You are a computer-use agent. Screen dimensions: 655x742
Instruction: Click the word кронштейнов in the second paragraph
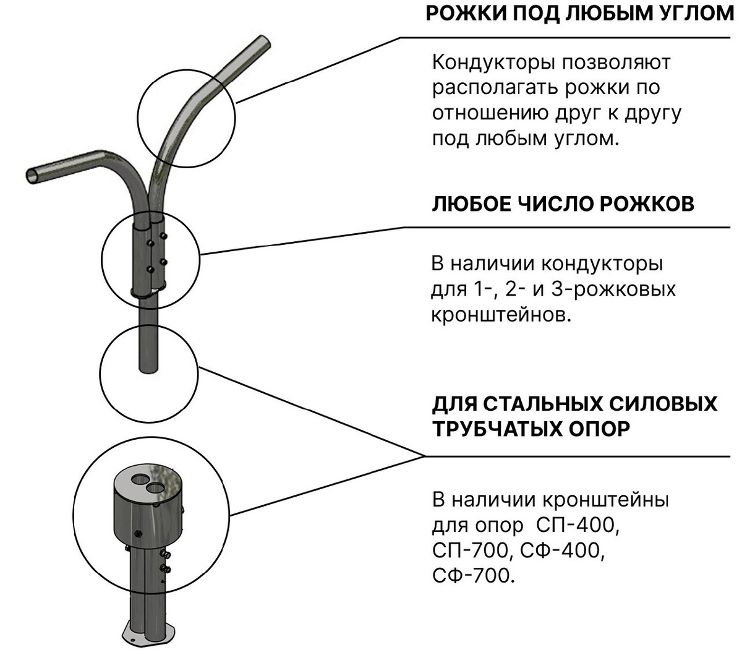coord(500,315)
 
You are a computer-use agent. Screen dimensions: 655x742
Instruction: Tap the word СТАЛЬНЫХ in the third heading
coord(544,404)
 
